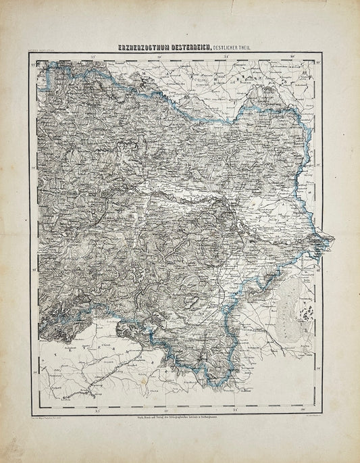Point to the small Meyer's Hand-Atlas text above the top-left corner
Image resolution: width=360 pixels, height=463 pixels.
(x=42, y=52)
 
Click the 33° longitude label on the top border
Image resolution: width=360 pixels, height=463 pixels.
(x=95, y=57)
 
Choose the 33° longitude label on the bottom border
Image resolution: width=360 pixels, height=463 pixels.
(x=97, y=410)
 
